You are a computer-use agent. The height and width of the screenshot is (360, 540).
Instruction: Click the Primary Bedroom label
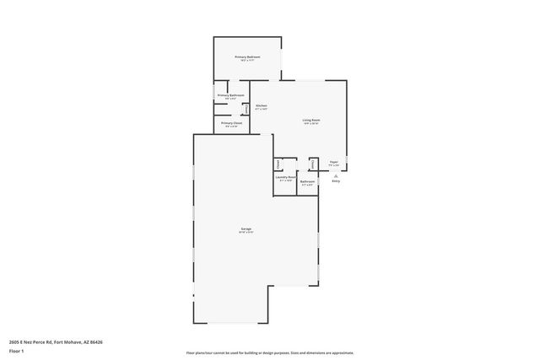click(247, 56)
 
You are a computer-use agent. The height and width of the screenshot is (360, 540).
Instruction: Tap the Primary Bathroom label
click(230, 95)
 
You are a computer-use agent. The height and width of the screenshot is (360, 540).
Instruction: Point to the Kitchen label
click(262, 105)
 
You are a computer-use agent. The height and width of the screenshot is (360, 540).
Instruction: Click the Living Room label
click(311, 121)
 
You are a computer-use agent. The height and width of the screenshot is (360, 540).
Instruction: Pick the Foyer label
click(334, 162)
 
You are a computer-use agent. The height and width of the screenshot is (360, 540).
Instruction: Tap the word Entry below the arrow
click(336, 181)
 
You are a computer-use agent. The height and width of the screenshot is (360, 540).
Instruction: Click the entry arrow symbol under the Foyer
click(336, 175)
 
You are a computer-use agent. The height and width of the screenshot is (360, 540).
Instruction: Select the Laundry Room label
click(285, 177)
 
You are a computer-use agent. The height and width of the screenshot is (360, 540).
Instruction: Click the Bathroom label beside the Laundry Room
click(308, 181)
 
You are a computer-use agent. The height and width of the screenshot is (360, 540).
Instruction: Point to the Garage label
click(246, 228)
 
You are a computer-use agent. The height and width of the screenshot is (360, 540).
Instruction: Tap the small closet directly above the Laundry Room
click(278, 164)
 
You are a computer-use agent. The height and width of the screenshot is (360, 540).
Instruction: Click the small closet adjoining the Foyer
click(312, 164)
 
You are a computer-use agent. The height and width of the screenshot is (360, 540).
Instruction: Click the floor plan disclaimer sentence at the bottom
click(270, 352)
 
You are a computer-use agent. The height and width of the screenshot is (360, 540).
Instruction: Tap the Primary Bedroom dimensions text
click(247, 61)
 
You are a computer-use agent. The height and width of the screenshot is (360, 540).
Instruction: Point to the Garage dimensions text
click(246, 233)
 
